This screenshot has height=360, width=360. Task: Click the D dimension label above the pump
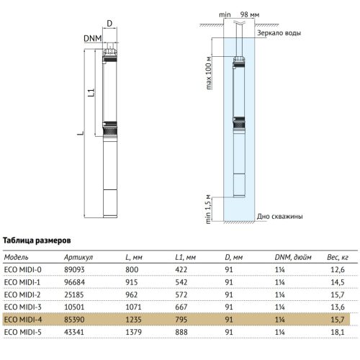(x=109, y=24)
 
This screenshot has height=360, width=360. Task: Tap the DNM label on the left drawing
(x=93, y=38)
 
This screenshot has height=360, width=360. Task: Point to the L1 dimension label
(x=91, y=93)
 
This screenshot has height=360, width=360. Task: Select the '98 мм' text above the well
(x=250, y=14)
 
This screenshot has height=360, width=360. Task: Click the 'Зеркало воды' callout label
(x=279, y=33)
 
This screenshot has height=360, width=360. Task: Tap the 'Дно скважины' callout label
(x=279, y=217)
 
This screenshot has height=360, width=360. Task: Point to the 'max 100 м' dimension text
(x=209, y=73)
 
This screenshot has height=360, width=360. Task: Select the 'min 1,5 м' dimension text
(x=208, y=210)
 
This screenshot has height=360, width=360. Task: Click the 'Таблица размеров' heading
(x=37, y=240)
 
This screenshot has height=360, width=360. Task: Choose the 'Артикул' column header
(x=78, y=258)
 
